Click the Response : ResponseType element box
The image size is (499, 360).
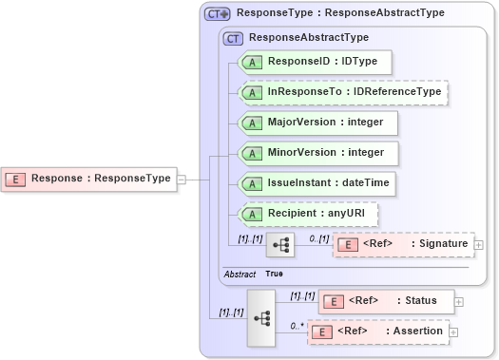coord(90,178)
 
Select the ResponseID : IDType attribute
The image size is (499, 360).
coord(315,62)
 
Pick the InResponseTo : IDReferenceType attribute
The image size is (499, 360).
coord(342,92)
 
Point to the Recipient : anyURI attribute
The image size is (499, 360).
coord(308,213)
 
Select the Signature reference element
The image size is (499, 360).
coord(403,244)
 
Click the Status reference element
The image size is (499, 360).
coord(385,301)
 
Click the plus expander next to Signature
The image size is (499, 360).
coord(479,245)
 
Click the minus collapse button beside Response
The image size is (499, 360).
coord(181,178)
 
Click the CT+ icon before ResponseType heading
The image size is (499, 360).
coord(219,14)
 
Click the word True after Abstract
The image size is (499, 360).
coord(274,274)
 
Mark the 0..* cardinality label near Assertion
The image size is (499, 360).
coord(297,325)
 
